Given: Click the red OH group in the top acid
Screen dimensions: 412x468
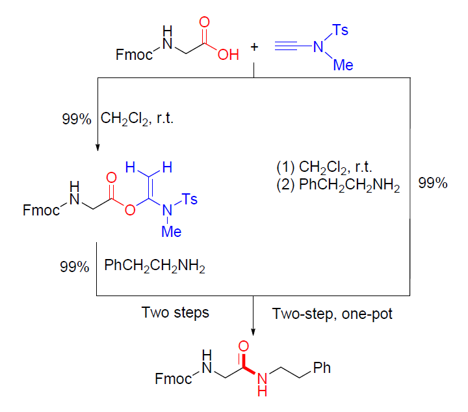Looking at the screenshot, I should [x=228, y=55].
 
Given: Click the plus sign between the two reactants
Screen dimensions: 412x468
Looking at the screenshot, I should [x=254, y=47].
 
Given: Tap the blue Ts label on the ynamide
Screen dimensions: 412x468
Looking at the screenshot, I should [x=340, y=30].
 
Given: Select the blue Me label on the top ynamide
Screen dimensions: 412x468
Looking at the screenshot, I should [x=343, y=64].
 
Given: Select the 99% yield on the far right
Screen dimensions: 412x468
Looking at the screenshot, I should [x=432, y=183].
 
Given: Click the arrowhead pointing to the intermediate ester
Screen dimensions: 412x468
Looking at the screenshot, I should [x=96, y=147].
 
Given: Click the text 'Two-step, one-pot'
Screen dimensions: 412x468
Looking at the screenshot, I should [x=331, y=312].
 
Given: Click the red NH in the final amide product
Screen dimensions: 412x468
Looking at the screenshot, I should [x=263, y=383].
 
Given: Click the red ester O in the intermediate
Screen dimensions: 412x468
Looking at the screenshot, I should [x=130, y=210].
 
